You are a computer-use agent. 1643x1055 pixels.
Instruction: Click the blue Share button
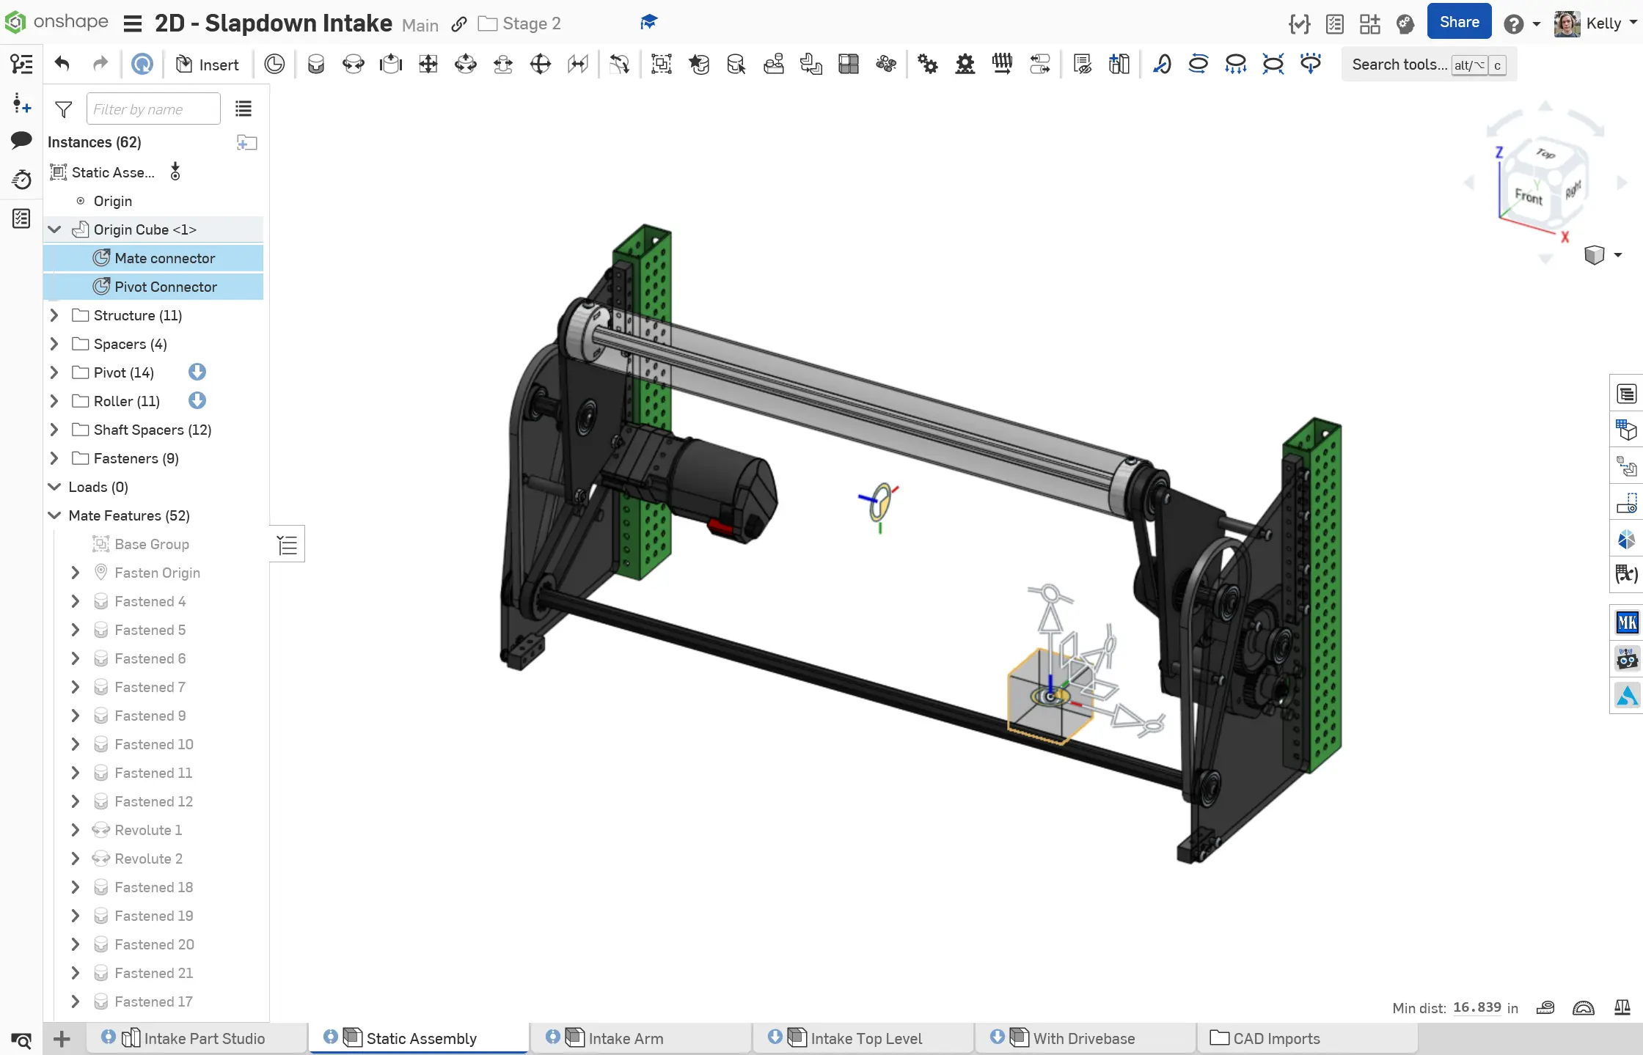pos(1459,22)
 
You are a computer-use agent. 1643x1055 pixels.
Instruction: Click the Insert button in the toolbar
pos(208,65)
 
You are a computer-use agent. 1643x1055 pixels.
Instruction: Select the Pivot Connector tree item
pos(166,287)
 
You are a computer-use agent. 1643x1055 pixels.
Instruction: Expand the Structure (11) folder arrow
pos(54,315)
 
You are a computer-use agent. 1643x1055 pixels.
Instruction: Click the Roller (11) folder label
pos(126,401)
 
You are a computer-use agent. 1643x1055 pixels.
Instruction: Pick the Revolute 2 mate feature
pos(148,859)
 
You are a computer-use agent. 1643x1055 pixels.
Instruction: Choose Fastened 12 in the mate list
pos(153,801)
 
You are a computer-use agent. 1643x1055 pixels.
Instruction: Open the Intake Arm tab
pos(626,1038)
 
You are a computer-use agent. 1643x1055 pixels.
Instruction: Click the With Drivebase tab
pos(1083,1038)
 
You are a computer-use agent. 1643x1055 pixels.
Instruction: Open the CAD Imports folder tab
pos(1276,1038)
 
